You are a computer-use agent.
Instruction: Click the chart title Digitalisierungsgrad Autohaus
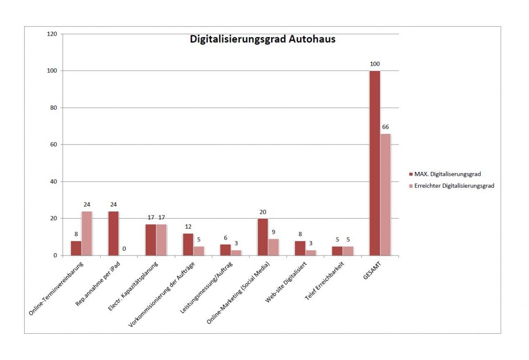click(263, 39)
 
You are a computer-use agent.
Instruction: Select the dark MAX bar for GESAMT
click(375, 163)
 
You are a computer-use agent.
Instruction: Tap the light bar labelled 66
click(386, 194)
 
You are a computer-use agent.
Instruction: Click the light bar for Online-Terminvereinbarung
click(87, 234)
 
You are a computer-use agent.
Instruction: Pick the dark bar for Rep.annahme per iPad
click(113, 234)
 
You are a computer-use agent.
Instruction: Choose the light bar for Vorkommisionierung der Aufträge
click(199, 251)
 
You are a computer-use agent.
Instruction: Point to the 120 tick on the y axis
click(52, 34)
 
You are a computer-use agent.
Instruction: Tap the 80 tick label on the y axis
click(54, 108)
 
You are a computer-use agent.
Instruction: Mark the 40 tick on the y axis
click(54, 182)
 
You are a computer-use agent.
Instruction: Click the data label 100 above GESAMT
click(375, 64)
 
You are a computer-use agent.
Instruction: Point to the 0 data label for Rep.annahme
click(124, 249)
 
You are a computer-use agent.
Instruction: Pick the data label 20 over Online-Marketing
click(263, 212)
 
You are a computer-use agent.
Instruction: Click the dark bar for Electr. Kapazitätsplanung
click(151, 240)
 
